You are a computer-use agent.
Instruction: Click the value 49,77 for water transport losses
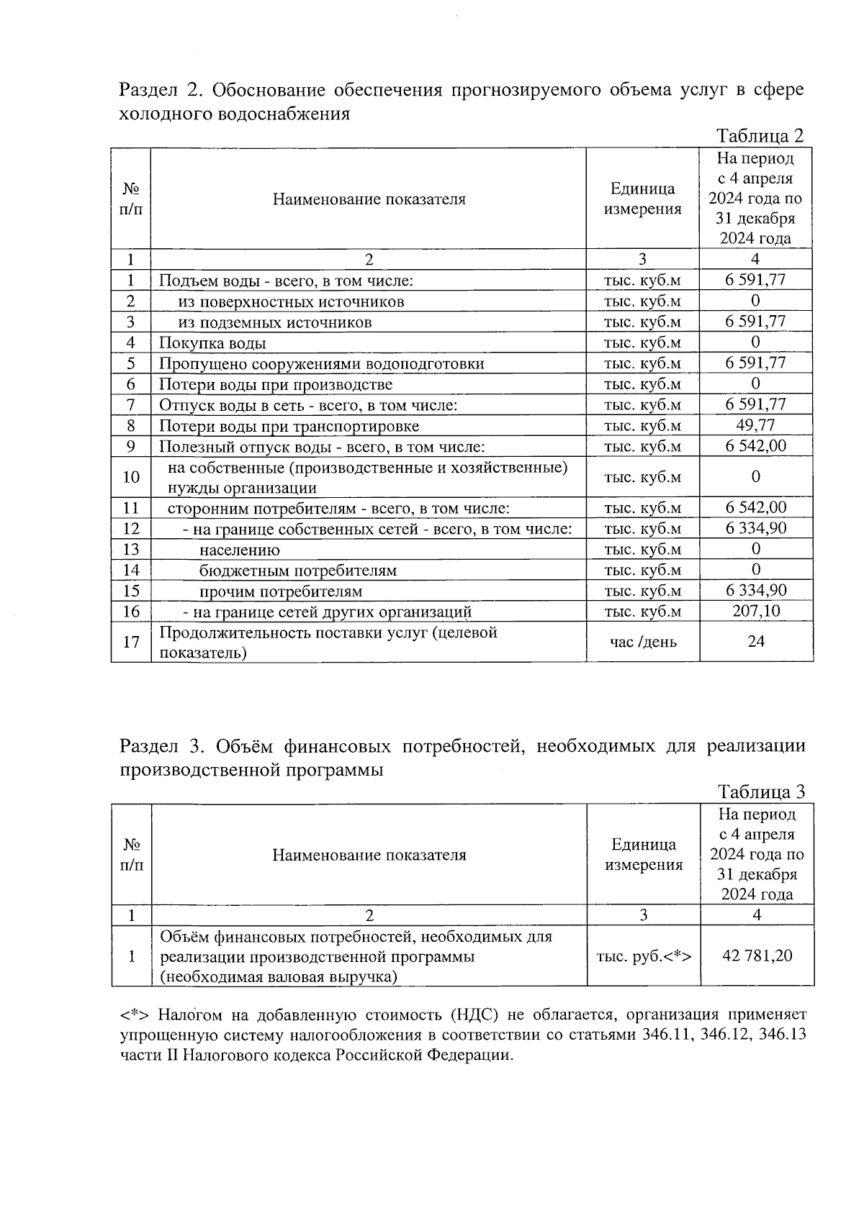(x=755, y=425)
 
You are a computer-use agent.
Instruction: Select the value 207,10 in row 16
(x=755, y=612)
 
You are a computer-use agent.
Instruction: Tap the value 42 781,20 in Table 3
(x=757, y=956)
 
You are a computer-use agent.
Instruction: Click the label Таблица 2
(x=760, y=136)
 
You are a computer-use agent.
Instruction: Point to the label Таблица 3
(x=761, y=792)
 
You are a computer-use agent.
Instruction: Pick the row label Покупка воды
(x=212, y=343)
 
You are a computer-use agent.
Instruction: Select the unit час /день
(x=643, y=642)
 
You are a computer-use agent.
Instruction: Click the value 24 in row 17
(x=756, y=642)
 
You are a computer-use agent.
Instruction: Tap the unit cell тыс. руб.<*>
(x=644, y=956)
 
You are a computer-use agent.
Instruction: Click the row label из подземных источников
(x=275, y=322)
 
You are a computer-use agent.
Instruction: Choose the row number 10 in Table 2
(x=131, y=477)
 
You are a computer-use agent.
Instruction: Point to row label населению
(x=240, y=550)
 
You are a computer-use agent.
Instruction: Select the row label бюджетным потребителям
(x=298, y=571)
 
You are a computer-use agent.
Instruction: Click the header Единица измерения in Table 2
(x=642, y=199)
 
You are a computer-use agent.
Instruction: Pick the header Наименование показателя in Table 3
(x=369, y=855)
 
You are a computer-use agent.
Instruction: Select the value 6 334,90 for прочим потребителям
(x=755, y=591)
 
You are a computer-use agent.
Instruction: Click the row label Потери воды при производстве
(x=275, y=384)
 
